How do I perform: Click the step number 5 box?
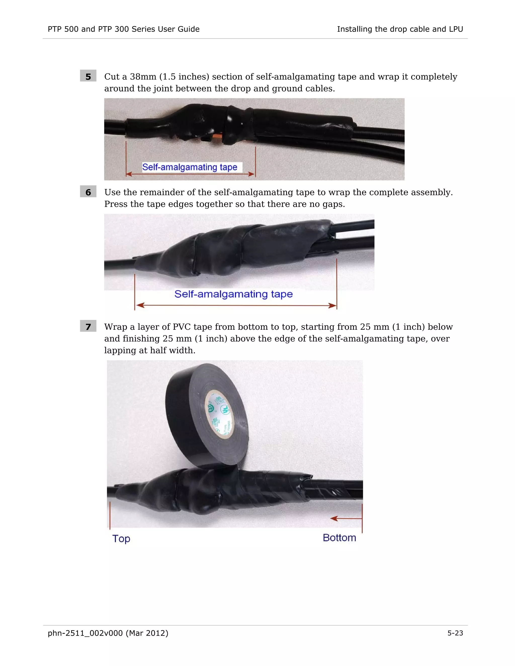click(88, 76)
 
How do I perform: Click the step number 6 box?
click(88, 192)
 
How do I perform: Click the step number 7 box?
click(88, 326)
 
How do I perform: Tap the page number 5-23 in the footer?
click(455, 633)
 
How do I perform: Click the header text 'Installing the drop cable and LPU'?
click(400, 29)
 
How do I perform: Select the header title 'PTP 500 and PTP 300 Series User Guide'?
click(123, 29)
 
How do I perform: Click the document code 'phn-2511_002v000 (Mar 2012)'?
click(108, 633)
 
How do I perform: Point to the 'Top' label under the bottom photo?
click(121, 538)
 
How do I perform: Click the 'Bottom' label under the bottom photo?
click(339, 537)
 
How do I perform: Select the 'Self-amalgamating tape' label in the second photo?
click(233, 294)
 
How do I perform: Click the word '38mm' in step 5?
click(143, 77)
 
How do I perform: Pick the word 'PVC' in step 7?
click(182, 327)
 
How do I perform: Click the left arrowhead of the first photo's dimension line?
click(129, 174)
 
